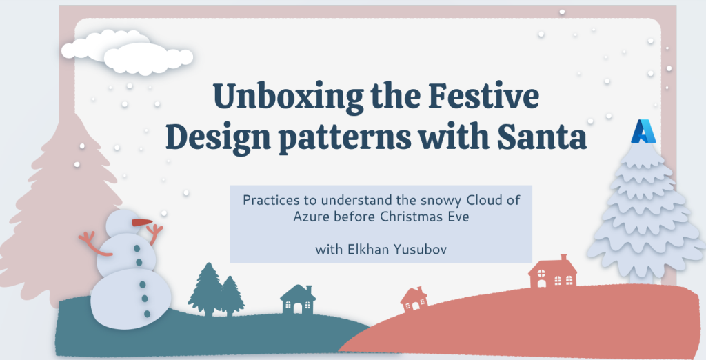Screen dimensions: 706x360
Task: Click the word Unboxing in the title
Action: [288, 97]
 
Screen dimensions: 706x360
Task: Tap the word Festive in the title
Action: [483, 96]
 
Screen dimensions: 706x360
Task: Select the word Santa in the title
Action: [542, 136]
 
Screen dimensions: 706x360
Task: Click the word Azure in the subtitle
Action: [312, 217]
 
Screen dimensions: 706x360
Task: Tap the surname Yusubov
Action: [420, 249]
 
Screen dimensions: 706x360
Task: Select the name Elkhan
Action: [368, 249]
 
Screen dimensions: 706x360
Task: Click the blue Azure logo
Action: [643, 131]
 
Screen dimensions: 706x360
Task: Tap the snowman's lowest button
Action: [148, 314]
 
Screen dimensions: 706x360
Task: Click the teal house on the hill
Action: [298, 299]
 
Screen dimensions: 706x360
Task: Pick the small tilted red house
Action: [414, 299]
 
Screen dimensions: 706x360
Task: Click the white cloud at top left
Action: [128, 52]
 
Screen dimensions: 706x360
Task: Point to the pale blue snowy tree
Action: [646, 212]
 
